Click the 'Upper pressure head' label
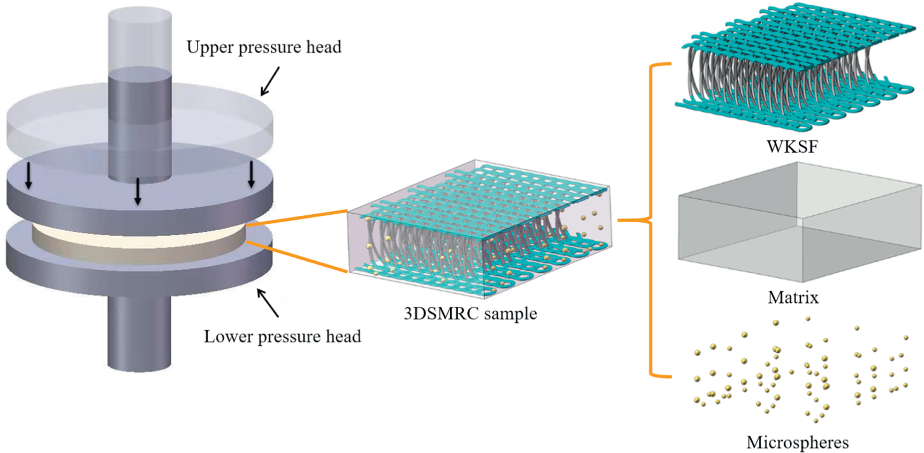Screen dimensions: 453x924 263,47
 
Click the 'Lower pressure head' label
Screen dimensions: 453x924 282,336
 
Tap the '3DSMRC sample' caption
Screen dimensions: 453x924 470,313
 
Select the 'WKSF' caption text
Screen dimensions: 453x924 792,147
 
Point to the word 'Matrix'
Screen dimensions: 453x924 793,297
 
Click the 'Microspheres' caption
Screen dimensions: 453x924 797,442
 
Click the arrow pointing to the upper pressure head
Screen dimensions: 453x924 270,81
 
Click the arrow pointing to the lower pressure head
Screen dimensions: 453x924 268,303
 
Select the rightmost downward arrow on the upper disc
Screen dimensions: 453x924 251,175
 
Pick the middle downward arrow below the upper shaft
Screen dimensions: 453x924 138,191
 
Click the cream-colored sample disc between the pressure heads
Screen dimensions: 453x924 139,244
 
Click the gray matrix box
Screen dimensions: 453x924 798,225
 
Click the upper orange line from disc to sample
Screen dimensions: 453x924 297,218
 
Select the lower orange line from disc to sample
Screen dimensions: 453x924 297,257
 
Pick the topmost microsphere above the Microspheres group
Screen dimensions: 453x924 808,319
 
